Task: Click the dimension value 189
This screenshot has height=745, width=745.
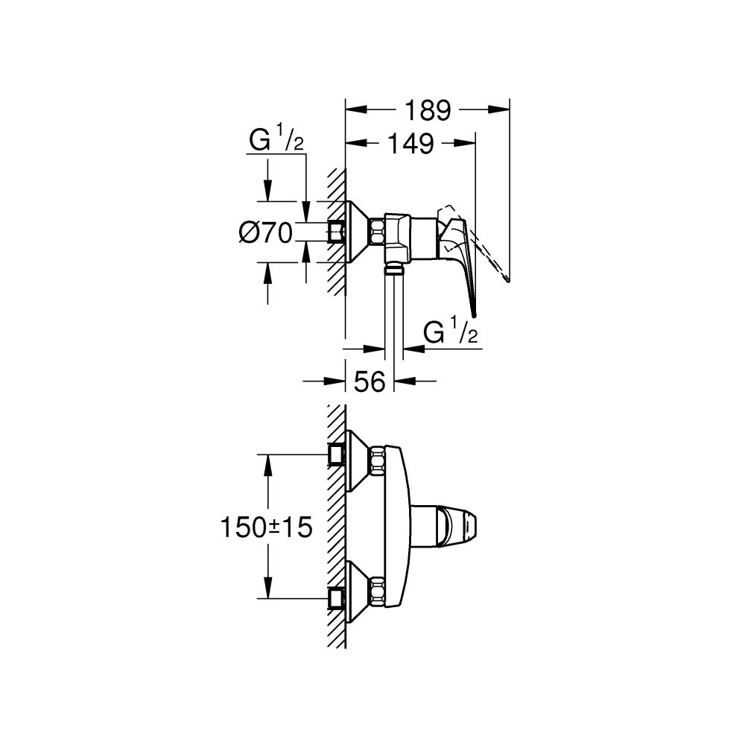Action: point(428,110)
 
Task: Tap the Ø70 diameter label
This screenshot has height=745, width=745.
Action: point(264,232)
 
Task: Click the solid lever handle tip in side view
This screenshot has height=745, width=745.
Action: point(472,313)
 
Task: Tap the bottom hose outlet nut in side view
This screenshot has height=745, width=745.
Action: point(394,267)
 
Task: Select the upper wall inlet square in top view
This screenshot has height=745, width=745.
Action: point(336,453)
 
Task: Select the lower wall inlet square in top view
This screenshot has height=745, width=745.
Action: point(336,598)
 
